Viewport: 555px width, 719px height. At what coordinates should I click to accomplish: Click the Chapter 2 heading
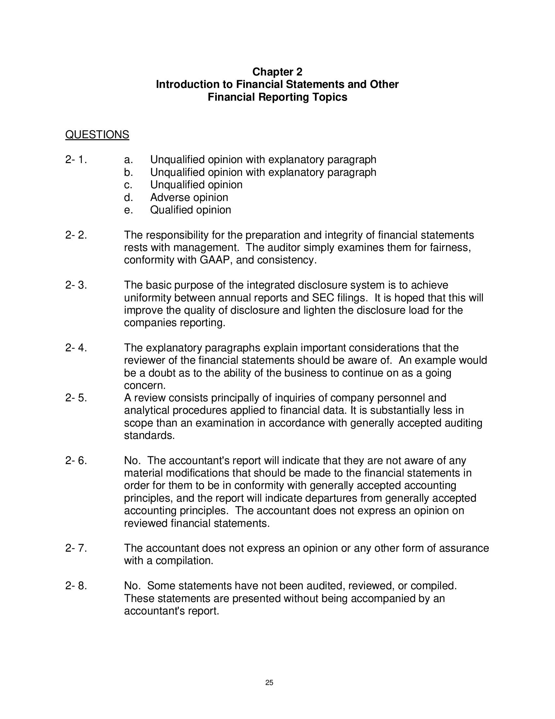(277, 72)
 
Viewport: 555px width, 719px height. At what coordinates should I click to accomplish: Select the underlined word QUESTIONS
(97, 135)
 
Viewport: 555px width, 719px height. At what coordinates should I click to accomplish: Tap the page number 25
(269, 683)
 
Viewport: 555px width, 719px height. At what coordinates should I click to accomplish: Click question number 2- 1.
(76, 160)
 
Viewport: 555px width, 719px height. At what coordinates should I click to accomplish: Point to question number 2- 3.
(76, 285)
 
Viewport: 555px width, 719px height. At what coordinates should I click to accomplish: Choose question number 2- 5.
(76, 398)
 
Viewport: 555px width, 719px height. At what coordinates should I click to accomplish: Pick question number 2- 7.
(76, 548)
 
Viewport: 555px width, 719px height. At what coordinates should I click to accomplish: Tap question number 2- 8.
(76, 586)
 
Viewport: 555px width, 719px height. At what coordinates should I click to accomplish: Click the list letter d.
(128, 197)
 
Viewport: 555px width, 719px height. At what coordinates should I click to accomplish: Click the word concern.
(145, 386)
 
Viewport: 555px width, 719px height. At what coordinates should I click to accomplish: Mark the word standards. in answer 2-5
(149, 436)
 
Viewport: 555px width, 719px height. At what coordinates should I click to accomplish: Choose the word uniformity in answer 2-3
(148, 298)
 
